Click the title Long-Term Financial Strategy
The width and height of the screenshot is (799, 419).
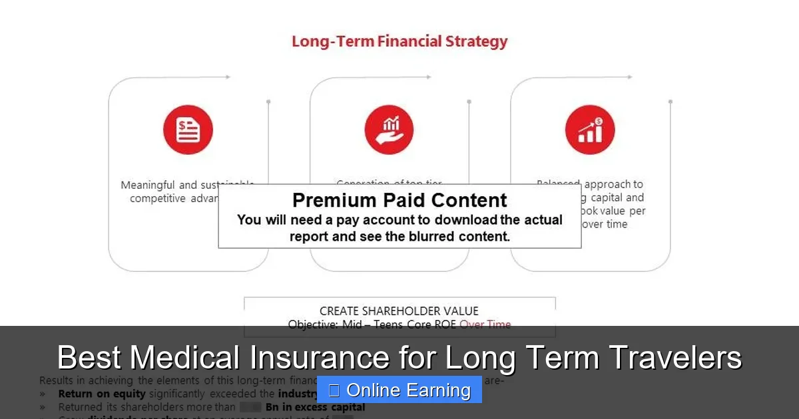pyautogui.click(x=400, y=41)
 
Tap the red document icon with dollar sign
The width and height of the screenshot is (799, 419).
pyautogui.click(x=188, y=130)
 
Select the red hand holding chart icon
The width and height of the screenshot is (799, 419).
pyautogui.click(x=389, y=130)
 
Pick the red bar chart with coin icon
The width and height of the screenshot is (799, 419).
pyautogui.click(x=590, y=130)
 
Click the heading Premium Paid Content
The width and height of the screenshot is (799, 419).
pyautogui.click(x=400, y=200)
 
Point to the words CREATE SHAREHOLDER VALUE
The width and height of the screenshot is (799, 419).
pyautogui.click(x=399, y=311)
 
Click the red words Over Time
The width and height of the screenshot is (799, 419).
pyautogui.click(x=485, y=325)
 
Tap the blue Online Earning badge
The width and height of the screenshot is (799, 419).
pyautogui.click(x=400, y=390)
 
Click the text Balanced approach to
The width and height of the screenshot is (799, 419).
pyautogui.click(x=590, y=184)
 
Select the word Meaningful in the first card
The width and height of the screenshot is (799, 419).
pyautogui.click(x=148, y=186)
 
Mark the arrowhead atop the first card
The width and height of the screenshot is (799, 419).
pyautogui.click(x=228, y=77)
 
